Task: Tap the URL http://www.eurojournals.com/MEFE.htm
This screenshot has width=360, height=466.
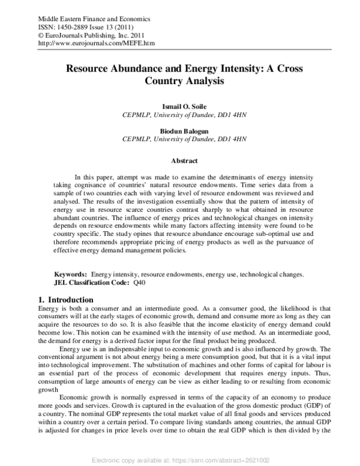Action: coord(95,44)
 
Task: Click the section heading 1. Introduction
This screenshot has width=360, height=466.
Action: coord(65,299)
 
